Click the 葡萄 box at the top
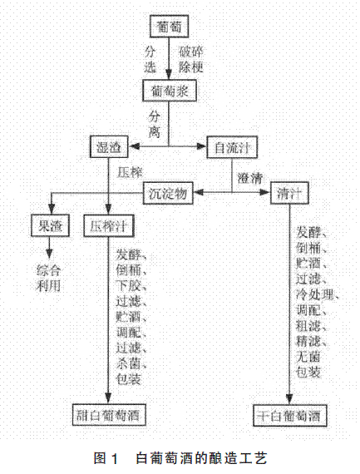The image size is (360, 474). (170, 27)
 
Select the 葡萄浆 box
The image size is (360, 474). (170, 91)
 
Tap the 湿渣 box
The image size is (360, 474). (109, 147)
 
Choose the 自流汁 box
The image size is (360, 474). (232, 147)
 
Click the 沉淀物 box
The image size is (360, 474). (168, 193)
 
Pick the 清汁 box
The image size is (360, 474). (289, 193)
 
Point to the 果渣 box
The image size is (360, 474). (50, 225)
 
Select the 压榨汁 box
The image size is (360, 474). (109, 225)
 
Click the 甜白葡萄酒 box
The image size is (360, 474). (109, 415)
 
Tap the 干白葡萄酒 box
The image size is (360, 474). (290, 415)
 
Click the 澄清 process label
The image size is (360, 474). (250, 179)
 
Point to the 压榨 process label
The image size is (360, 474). (130, 173)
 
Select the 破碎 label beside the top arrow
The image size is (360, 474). (191, 52)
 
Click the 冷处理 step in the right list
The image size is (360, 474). (315, 294)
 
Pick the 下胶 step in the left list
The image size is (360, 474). (129, 286)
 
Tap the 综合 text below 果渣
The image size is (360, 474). (48, 270)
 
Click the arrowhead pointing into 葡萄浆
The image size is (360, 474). (170, 75)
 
